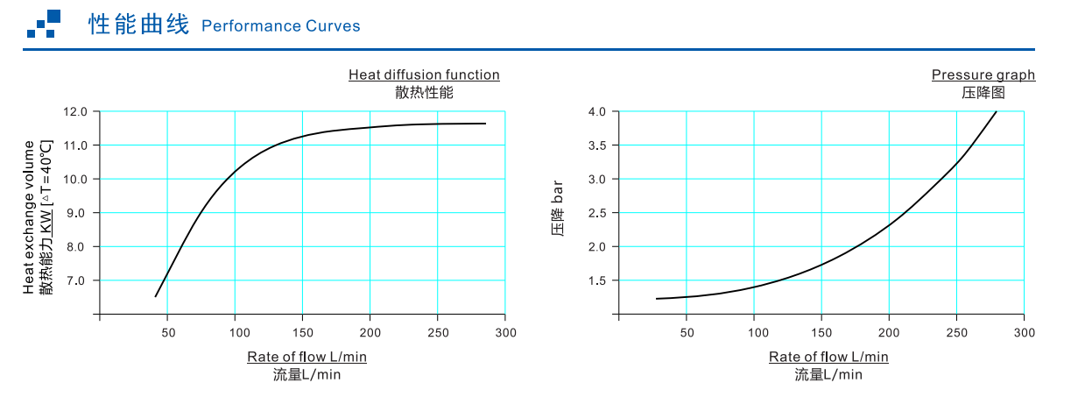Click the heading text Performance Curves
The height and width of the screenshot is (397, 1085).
pyautogui.click(x=280, y=25)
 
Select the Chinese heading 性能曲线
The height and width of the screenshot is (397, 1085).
pyautogui.click(x=138, y=25)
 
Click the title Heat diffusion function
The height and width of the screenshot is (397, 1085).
pyautogui.click(x=424, y=74)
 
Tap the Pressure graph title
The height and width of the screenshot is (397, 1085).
pyautogui.click(x=983, y=74)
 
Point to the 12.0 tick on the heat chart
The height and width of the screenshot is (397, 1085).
pyautogui.click(x=75, y=111)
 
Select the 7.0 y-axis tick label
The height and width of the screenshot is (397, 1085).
pyautogui.click(x=78, y=280)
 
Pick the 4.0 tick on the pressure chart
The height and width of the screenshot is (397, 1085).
pyautogui.click(x=597, y=111)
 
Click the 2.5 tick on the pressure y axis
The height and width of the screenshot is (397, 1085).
pyautogui.click(x=597, y=213)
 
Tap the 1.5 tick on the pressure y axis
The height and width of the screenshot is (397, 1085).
pyautogui.click(x=597, y=280)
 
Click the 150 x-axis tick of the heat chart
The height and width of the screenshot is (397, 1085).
pyautogui.click(x=302, y=333)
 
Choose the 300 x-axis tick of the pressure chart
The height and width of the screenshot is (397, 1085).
pyautogui.click(x=1025, y=333)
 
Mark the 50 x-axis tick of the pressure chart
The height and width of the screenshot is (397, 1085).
pyautogui.click(x=687, y=333)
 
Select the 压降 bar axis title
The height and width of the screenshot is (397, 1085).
pyautogui.click(x=557, y=209)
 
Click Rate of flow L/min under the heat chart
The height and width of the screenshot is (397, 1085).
pyautogui.click(x=306, y=357)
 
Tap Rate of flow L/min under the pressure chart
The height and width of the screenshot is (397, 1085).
pyautogui.click(x=828, y=357)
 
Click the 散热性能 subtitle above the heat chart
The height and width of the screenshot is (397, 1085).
pyautogui.click(x=425, y=92)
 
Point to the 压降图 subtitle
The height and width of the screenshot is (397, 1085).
pyautogui.click(x=983, y=92)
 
